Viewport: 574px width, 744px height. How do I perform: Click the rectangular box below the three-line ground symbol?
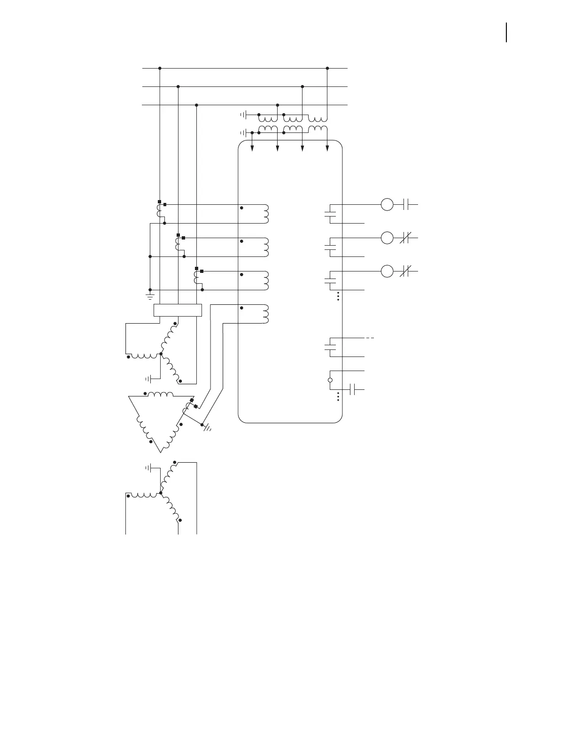[x=178, y=310]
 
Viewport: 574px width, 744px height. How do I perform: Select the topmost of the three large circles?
[x=387, y=205]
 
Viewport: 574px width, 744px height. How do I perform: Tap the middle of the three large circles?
[x=387, y=238]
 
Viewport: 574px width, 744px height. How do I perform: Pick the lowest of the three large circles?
[x=387, y=271]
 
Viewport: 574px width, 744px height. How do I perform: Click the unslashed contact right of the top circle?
[x=407, y=205]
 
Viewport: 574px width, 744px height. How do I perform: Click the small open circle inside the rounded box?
[x=330, y=380]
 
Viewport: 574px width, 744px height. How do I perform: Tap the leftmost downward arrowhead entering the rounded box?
[x=253, y=148]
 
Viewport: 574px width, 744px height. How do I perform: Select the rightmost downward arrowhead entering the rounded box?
[x=327, y=148]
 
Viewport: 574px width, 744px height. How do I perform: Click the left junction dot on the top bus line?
[x=160, y=68]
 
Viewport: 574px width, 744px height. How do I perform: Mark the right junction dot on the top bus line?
[x=327, y=68]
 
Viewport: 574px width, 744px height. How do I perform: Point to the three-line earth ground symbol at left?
[x=150, y=296]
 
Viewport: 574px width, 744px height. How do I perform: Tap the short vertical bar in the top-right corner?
[x=506, y=32]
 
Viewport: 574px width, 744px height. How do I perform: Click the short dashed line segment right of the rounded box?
[x=370, y=338]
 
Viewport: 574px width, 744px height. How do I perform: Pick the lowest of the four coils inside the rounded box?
[x=265, y=314]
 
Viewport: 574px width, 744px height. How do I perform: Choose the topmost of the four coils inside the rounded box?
[x=265, y=214]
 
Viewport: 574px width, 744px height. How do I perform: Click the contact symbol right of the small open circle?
[x=355, y=389]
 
